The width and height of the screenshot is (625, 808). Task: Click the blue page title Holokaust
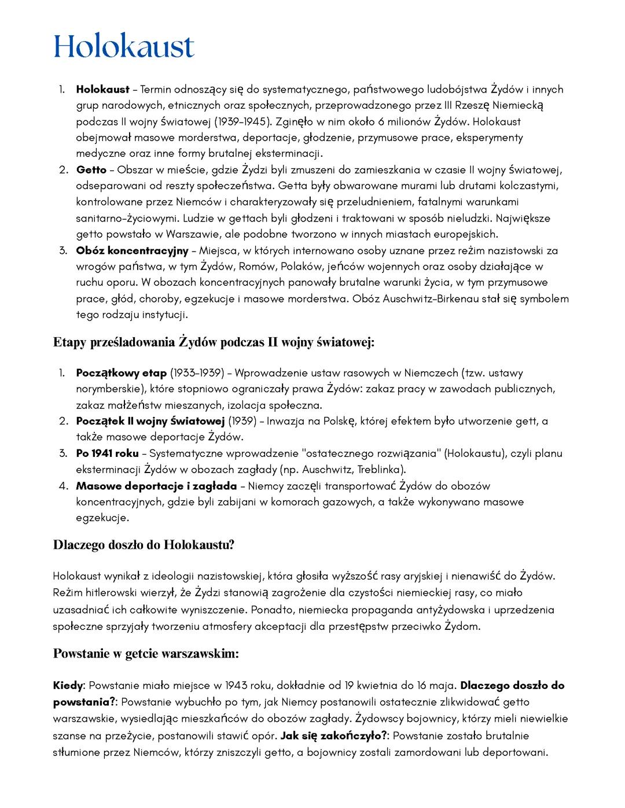click(x=124, y=46)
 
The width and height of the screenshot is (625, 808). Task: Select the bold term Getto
click(x=91, y=170)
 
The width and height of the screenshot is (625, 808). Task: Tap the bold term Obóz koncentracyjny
click(x=132, y=250)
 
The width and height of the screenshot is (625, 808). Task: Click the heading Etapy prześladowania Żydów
click(x=214, y=342)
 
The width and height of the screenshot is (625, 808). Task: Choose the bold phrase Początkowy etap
click(x=121, y=373)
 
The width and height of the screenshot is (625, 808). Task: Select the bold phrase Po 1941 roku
click(x=107, y=453)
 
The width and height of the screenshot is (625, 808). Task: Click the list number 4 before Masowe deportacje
click(x=63, y=486)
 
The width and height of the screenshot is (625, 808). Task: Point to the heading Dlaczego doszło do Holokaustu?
click(x=144, y=545)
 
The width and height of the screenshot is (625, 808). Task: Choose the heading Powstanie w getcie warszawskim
click(x=146, y=654)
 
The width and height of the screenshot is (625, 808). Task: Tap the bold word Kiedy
click(x=68, y=686)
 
